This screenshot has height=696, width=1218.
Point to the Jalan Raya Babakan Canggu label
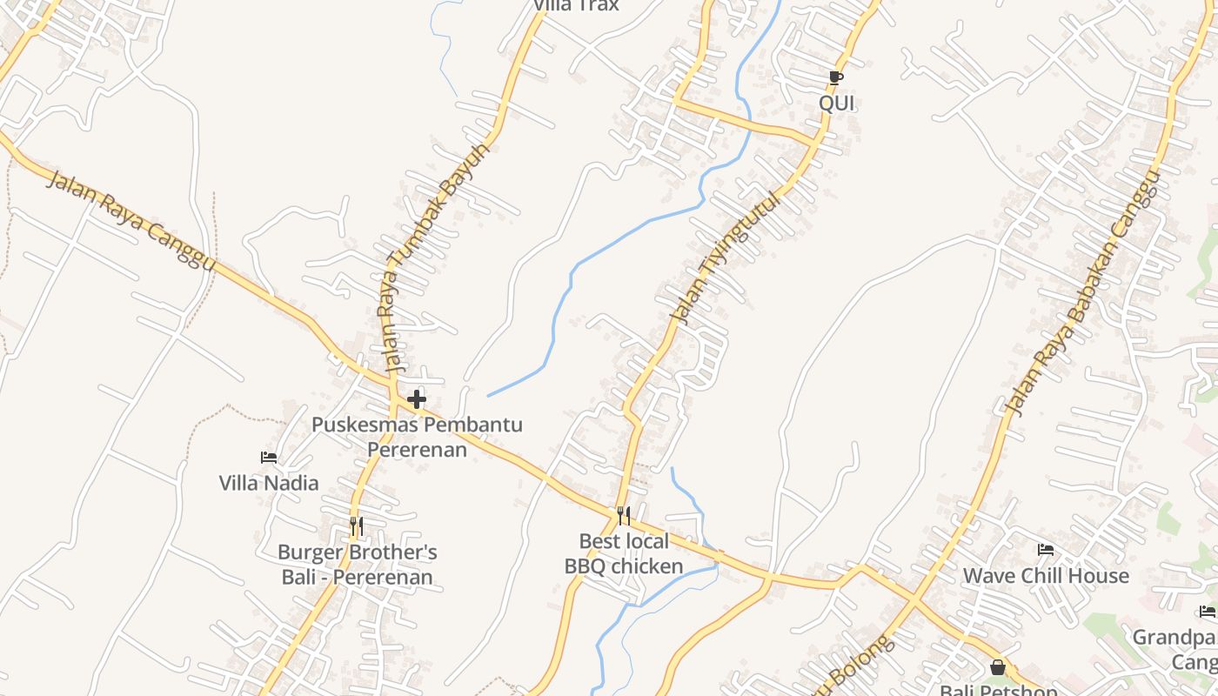coord(1082,292)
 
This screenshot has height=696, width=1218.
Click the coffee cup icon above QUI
coord(835,78)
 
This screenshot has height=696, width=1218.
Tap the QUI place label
coord(837,104)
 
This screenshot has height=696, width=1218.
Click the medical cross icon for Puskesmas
coord(417,399)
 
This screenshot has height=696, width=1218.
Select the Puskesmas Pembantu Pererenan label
coord(418,438)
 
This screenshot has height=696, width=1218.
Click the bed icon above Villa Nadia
coord(269,458)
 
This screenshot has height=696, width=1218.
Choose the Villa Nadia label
coord(269,483)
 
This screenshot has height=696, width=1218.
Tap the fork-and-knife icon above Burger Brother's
coord(356,526)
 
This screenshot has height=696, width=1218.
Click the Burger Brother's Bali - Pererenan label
coord(357,565)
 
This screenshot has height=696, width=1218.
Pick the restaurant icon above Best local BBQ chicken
coord(624,516)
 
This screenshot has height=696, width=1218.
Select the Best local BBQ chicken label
coord(624,554)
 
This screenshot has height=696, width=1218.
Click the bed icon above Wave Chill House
coord(1046,550)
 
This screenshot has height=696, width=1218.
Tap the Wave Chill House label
coord(1046,576)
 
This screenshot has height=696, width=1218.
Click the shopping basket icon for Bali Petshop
coord(998,668)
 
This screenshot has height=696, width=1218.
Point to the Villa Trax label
coord(576,5)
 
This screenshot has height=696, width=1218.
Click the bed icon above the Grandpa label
coord(1207,612)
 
